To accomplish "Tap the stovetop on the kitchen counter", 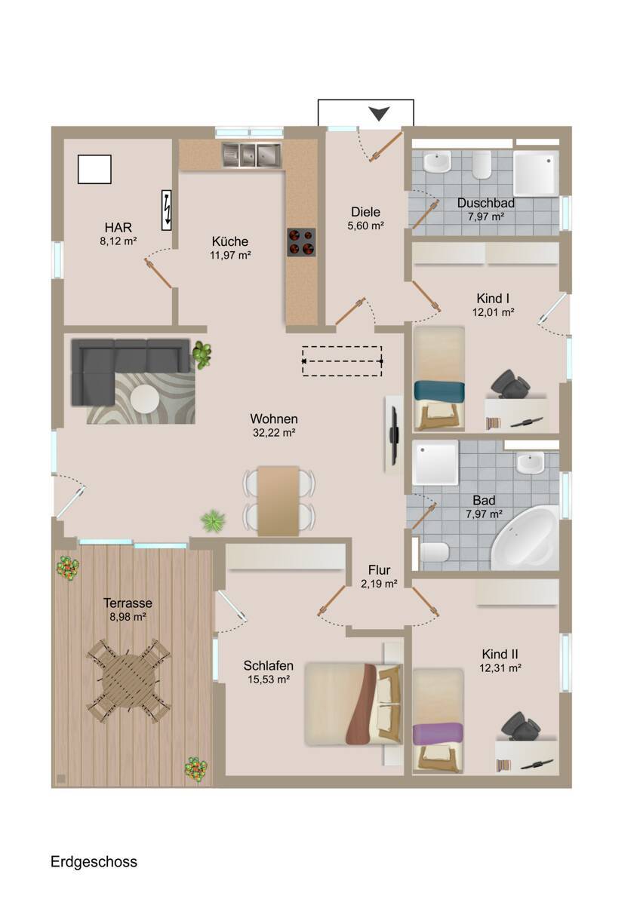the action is click(301, 242).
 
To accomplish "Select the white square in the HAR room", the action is click(94, 169).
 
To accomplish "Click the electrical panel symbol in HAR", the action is click(166, 210).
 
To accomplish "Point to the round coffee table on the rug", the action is click(145, 398).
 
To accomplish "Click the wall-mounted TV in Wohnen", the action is click(394, 436).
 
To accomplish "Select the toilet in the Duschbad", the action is click(482, 165).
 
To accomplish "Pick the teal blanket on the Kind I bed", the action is click(439, 391).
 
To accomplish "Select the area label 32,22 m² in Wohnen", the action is click(274, 433).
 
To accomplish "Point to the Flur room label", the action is click(379, 569).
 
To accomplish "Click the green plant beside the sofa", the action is click(202, 354).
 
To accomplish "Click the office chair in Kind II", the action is click(521, 726).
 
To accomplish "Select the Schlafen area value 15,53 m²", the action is click(269, 680).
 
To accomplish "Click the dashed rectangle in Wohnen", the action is click(342, 360).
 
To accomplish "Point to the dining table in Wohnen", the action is click(278, 501).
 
